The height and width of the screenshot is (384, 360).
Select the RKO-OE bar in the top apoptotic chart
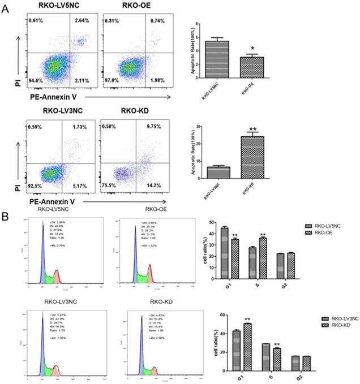pyautogui.click(x=256, y=70)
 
